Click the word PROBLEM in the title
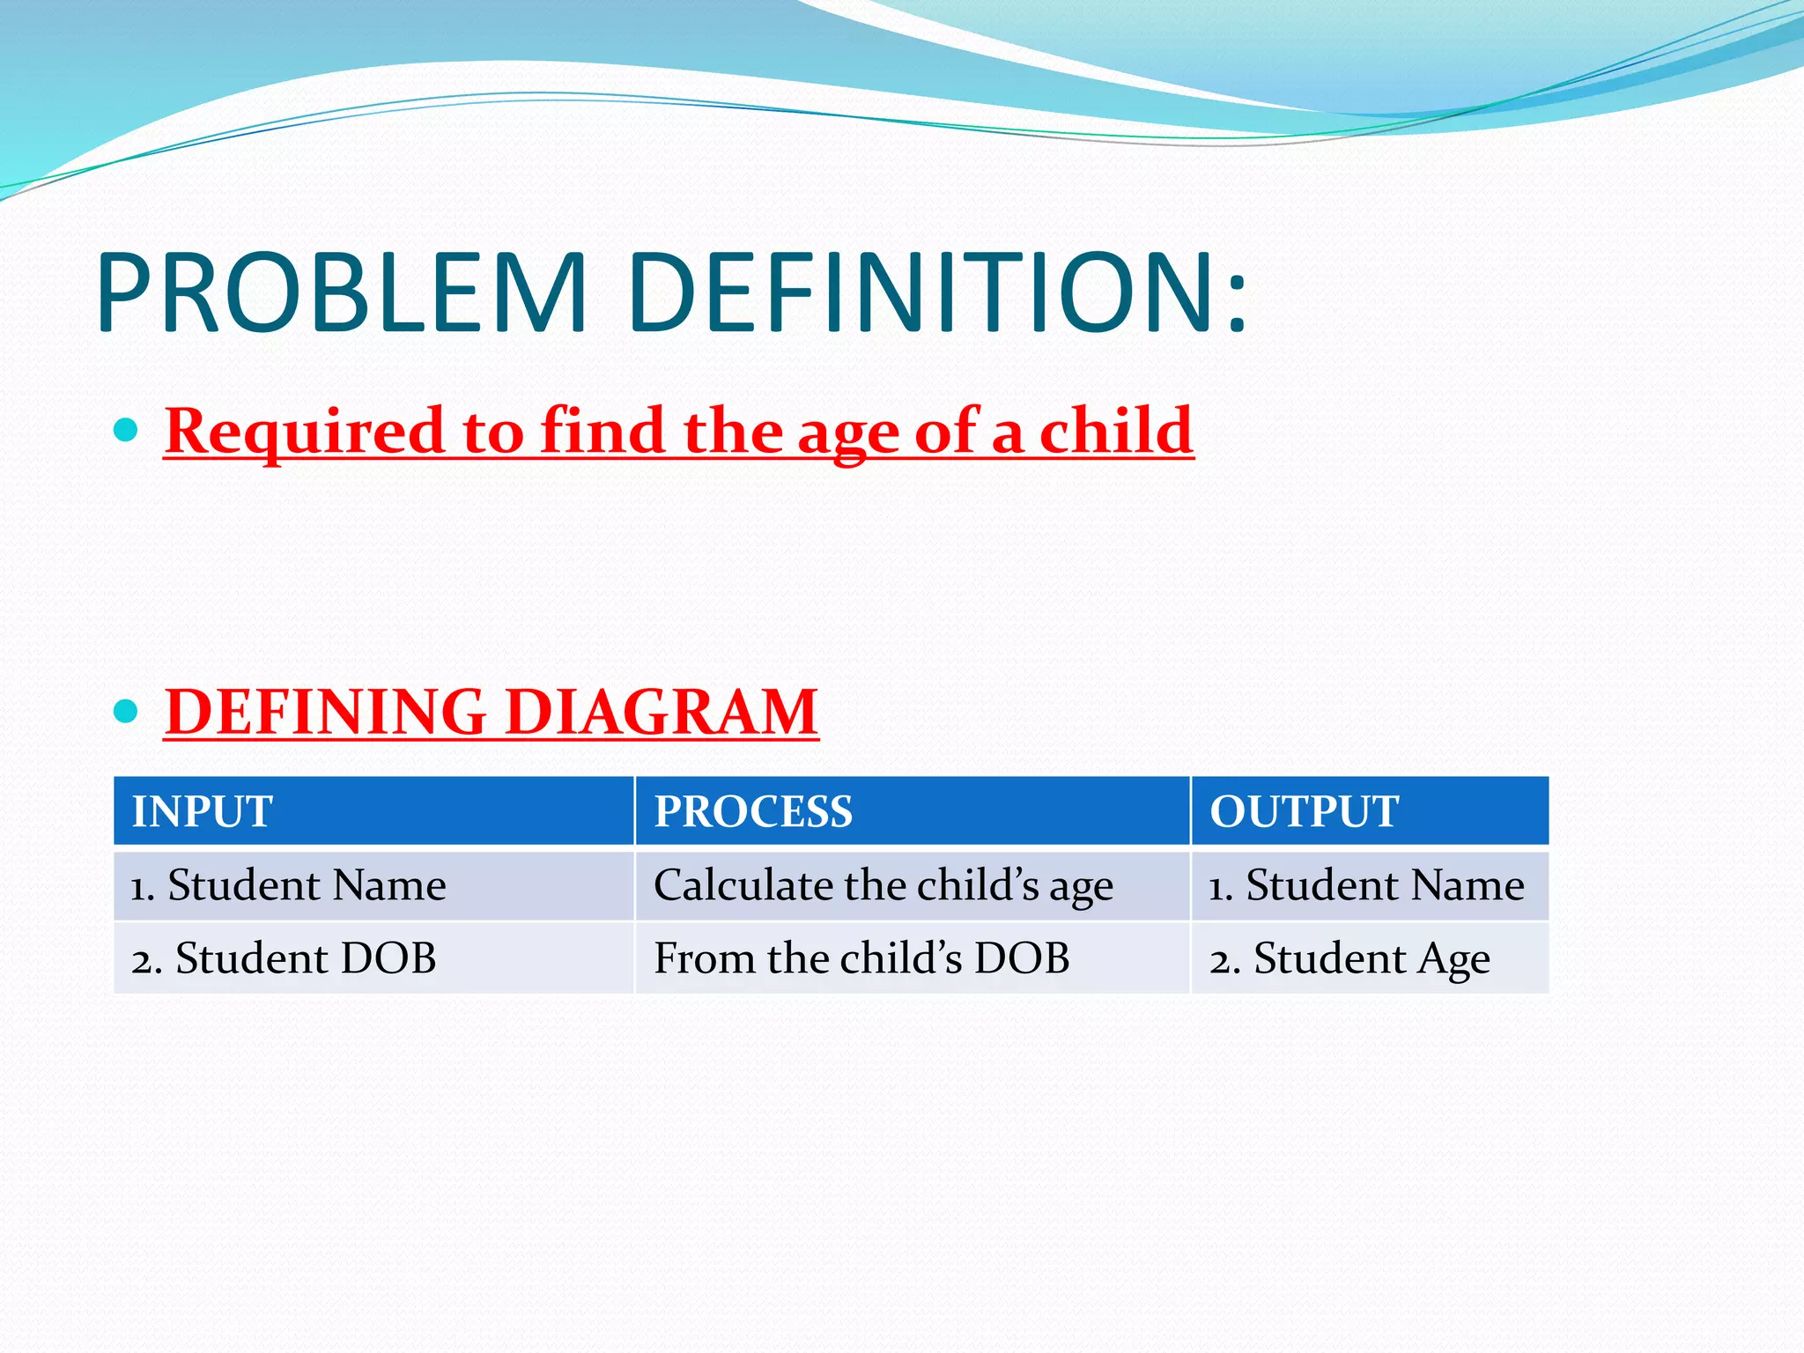(342, 293)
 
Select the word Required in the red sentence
(305, 433)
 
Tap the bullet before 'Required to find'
(127, 431)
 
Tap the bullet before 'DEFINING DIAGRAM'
(127, 711)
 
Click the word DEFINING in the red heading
(326, 712)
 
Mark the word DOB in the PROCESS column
(1022, 958)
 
